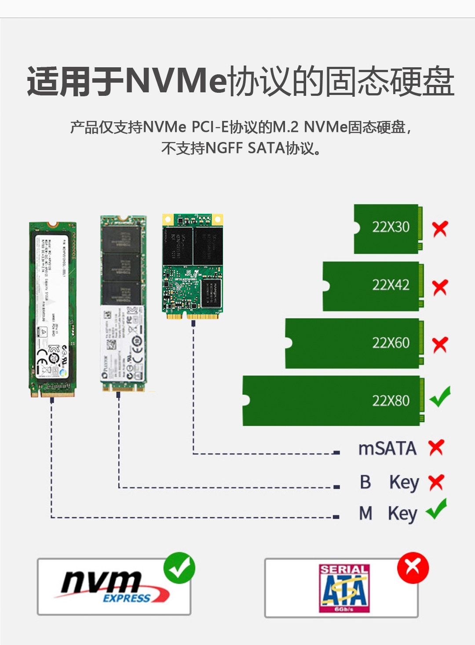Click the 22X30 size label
coord(391,227)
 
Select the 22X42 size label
coord(391,285)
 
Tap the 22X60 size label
coord(391,343)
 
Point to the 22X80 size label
coord(391,401)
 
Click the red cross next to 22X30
coord(440,229)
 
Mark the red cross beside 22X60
coord(440,345)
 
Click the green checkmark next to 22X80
coord(440,397)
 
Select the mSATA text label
coord(387,448)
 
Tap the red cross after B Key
coord(436,482)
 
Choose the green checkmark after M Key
coord(437,510)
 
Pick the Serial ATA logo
coord(344,588)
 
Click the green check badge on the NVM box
coord(179,568)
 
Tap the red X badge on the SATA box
coord(413,568)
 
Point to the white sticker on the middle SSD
coord(123,343)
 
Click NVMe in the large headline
coord(176,81)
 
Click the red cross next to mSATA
coord(436,448)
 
